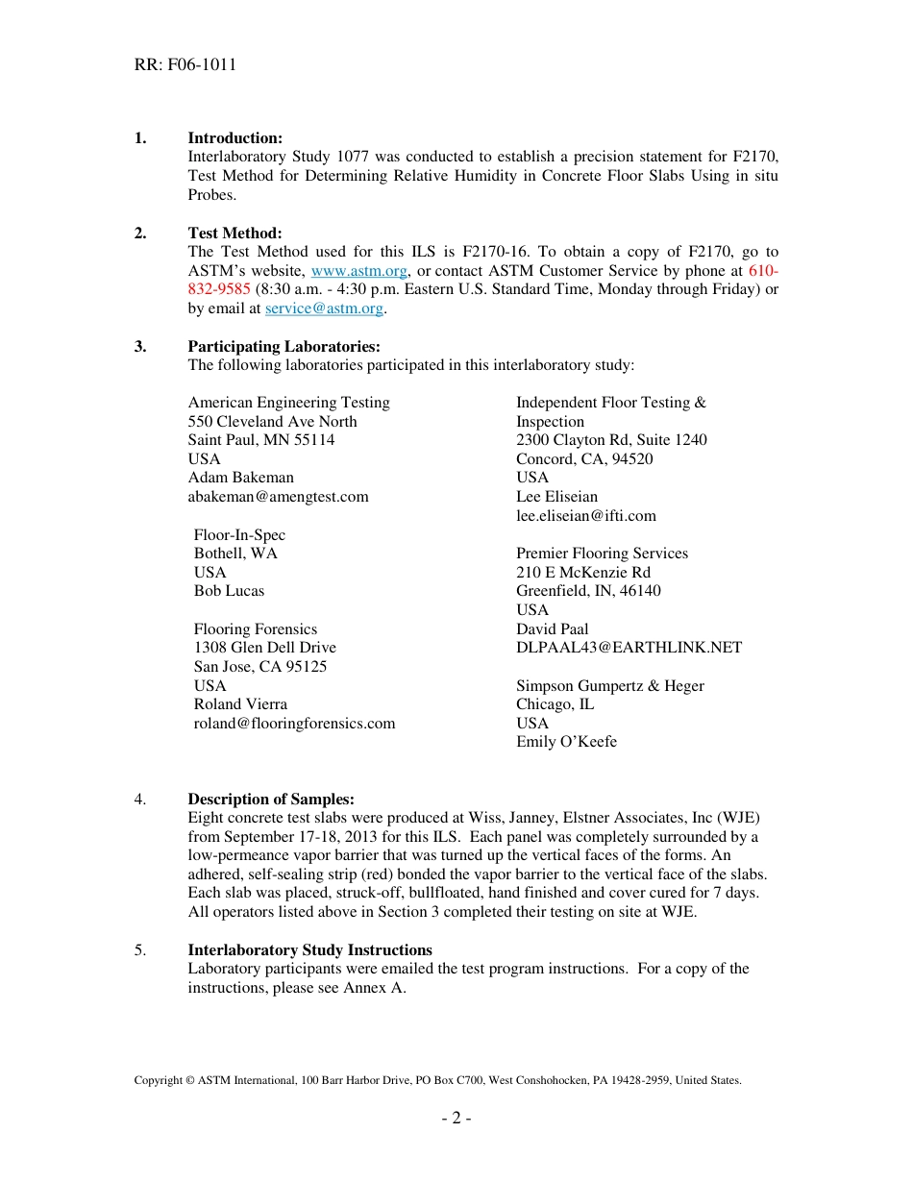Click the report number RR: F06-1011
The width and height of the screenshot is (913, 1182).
click(x=185, y=65)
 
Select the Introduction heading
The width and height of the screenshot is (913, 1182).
click(x=234, y=138)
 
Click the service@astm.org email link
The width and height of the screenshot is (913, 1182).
click(x=324, y=308)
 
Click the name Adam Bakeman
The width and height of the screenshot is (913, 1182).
click(x=241, y=478)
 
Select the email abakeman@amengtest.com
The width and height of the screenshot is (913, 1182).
click(x=278, y=497)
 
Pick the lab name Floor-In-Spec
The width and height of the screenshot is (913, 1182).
click(x=239, y=535)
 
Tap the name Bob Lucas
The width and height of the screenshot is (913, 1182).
click(x=229, y=591)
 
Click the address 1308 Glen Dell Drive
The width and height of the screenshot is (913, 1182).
click(x=265, y=648)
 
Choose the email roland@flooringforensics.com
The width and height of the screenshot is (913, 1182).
click(x=294, y=724)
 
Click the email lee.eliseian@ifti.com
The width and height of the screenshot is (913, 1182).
click(x=586, y=516)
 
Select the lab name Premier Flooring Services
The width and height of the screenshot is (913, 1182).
click(x=602, y=554)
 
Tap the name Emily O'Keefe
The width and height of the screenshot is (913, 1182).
click(x=566, y=742)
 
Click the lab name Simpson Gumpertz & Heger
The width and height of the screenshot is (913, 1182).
click(x=609, y=686)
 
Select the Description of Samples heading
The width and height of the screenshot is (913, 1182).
click(x=271, y=800)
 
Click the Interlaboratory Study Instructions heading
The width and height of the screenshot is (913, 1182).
click(x=309, y=950)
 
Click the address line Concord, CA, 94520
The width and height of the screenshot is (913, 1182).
click(x=584, y=459)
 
